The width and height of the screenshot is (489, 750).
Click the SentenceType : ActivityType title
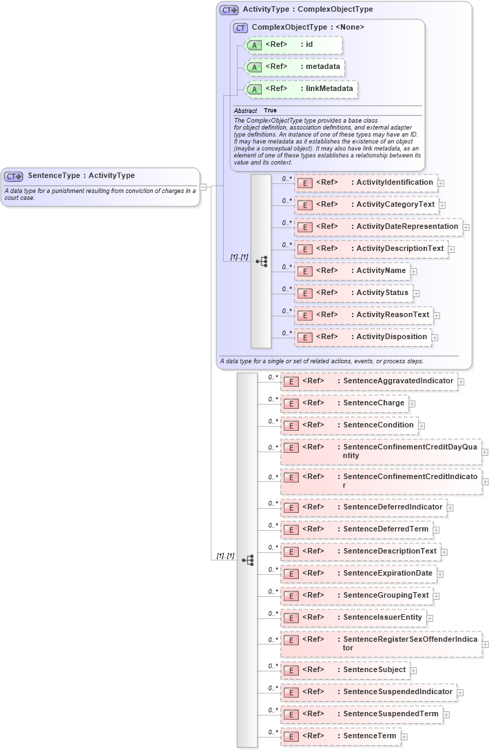[81, 176]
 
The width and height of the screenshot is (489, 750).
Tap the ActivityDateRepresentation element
[378, 227]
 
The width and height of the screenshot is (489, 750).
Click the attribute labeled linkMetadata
[302, 89]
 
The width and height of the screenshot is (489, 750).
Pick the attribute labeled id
[293, 45]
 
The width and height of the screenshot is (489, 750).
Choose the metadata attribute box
[295, 67]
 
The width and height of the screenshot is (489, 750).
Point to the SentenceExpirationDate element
[357, 574]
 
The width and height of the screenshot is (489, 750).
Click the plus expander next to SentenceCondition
[422, 426]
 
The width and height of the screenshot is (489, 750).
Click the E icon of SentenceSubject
[291, 670]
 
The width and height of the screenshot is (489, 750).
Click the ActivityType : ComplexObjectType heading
[307, 10]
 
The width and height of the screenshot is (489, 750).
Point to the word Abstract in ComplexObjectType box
[245, 110]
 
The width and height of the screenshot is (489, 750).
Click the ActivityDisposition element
[363, 337]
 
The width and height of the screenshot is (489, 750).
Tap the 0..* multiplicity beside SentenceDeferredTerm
[273, 525]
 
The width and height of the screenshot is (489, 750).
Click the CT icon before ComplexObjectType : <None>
[240, 28]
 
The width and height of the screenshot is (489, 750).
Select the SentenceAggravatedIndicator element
[368, 381]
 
